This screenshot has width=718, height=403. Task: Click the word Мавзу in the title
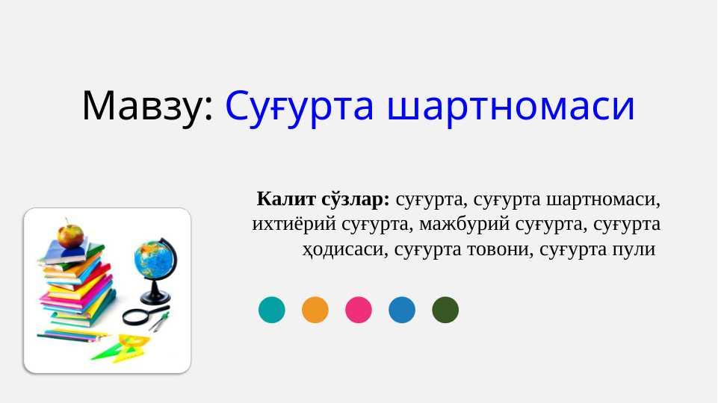(143, 106)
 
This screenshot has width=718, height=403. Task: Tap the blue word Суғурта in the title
(300, 107)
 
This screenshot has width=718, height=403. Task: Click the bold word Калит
(286, 199)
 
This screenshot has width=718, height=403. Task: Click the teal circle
(271, 310)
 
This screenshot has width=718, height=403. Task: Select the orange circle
(315, 310)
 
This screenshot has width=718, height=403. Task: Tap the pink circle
(359, 310)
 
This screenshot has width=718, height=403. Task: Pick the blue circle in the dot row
(402, 310)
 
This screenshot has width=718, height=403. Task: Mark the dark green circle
(445, 310)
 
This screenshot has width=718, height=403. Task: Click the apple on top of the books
(70, 235)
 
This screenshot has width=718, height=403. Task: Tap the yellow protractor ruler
(134, 345)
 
